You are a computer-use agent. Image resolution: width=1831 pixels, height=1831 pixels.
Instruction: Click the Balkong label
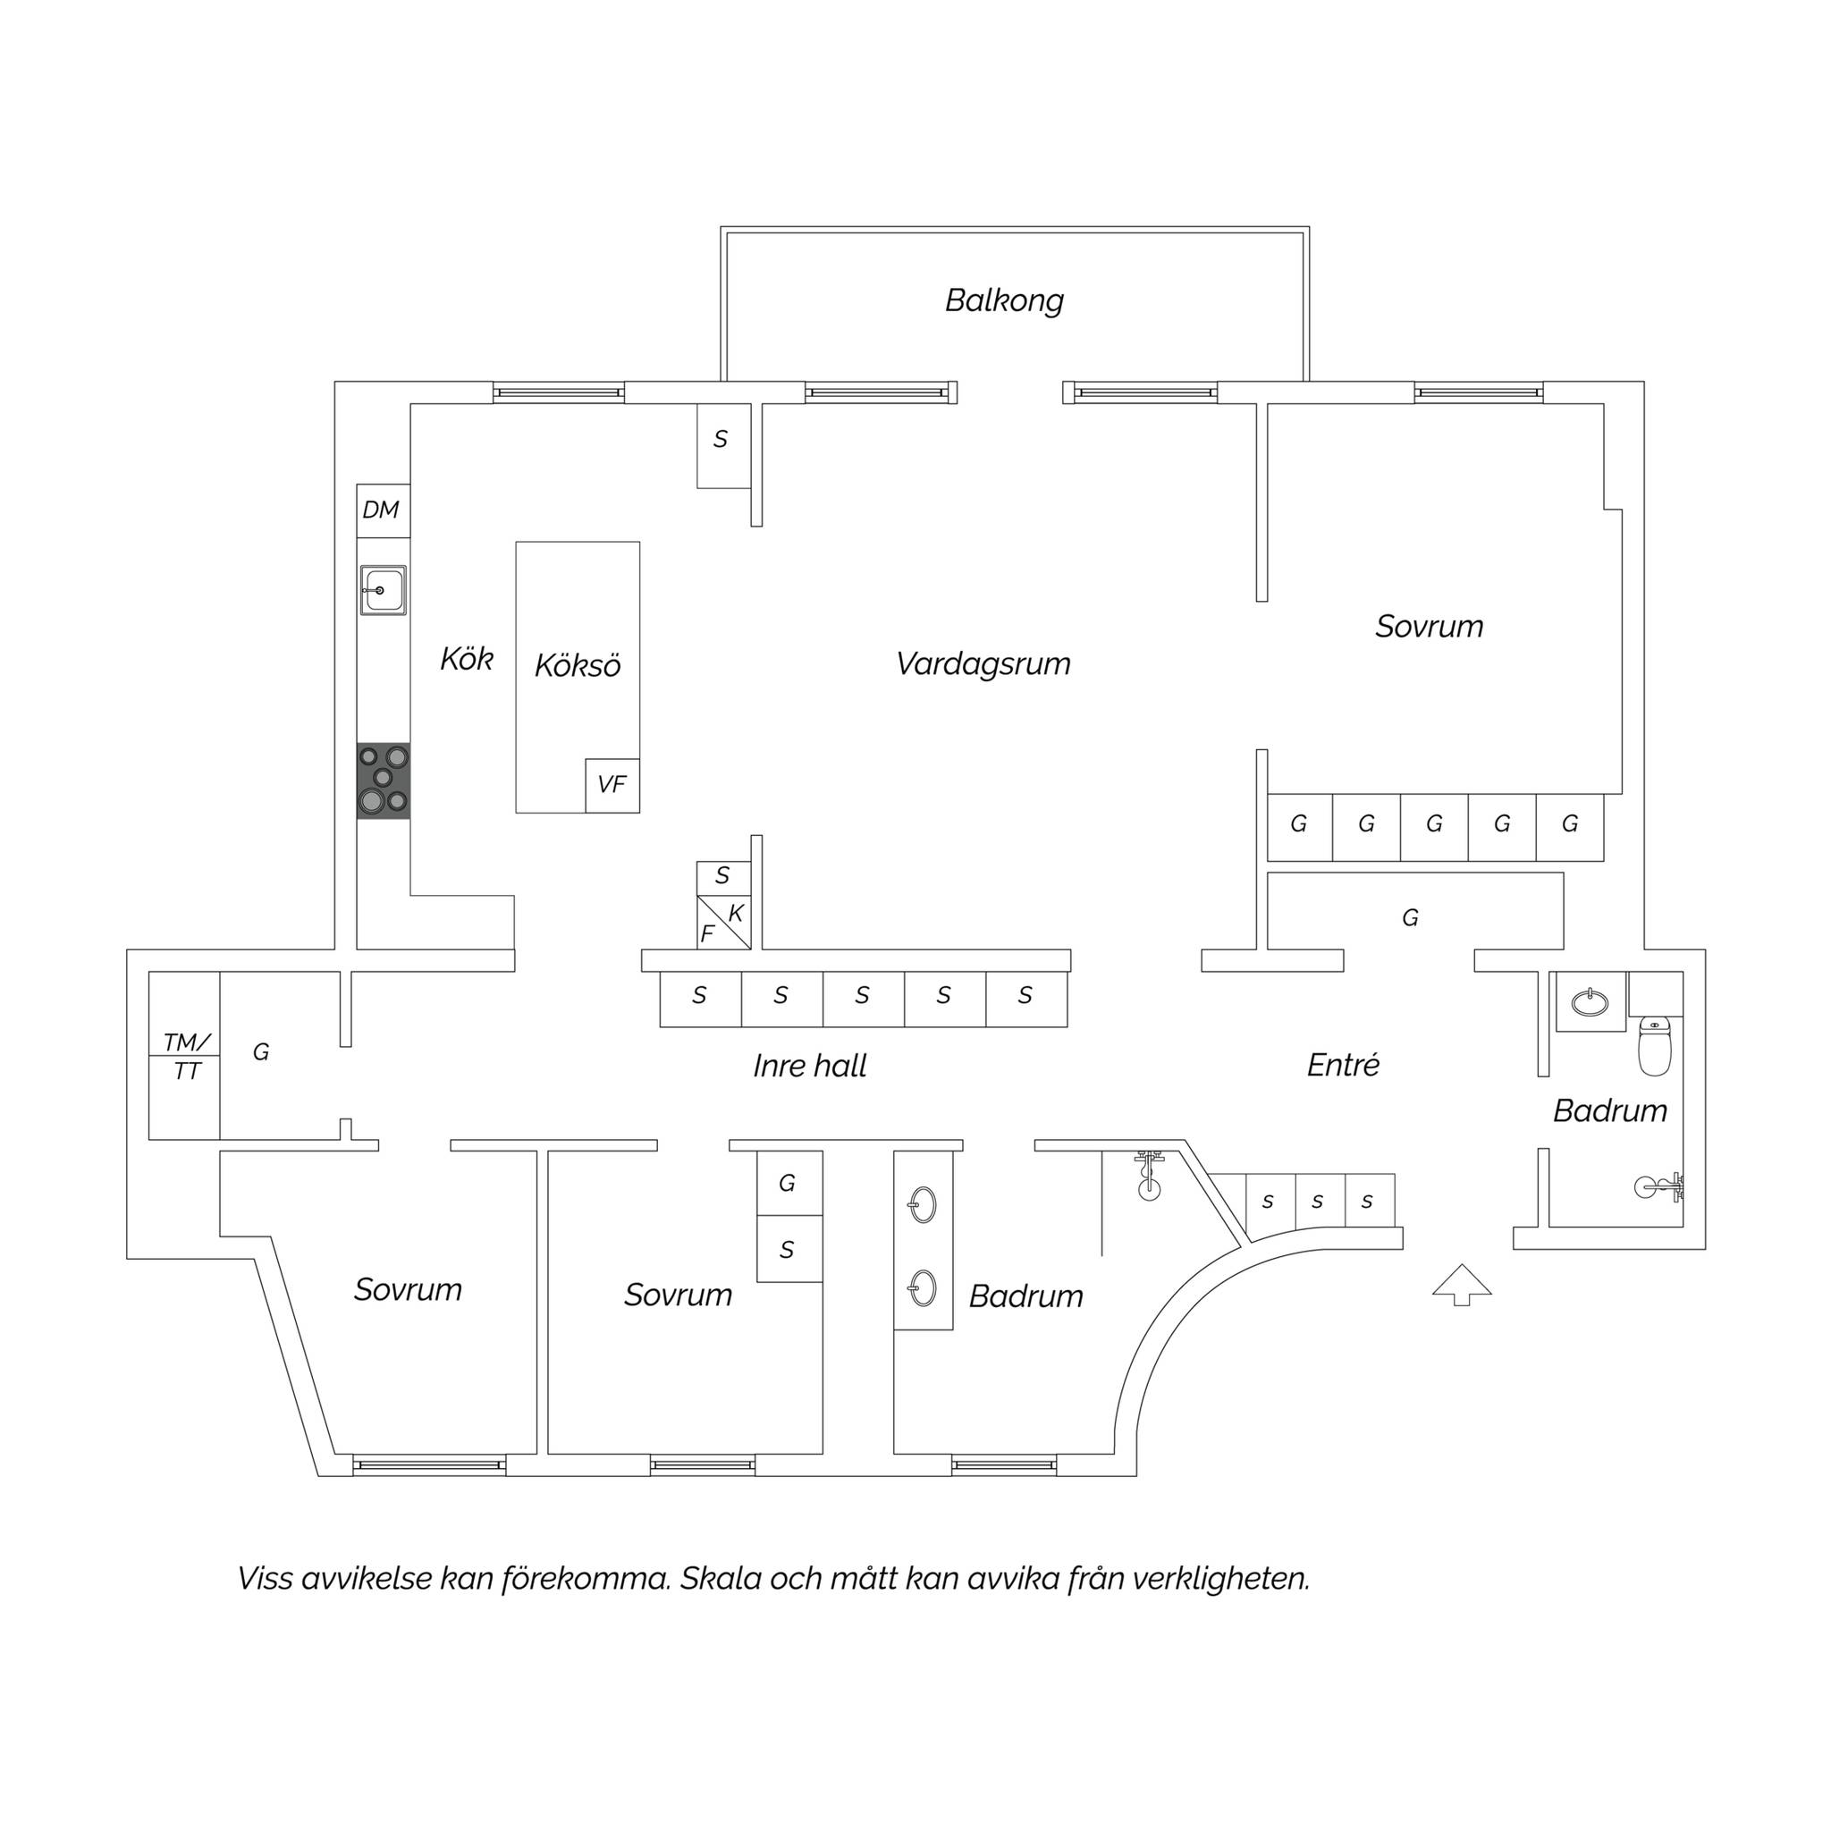[1004, 300]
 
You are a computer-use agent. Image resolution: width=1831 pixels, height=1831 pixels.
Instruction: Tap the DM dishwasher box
[383, 510]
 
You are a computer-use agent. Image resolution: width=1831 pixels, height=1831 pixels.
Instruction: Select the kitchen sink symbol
[383, 589]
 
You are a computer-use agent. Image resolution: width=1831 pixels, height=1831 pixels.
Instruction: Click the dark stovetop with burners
[383, 780]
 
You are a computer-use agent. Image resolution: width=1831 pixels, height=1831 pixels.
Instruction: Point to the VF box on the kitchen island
[612, 785]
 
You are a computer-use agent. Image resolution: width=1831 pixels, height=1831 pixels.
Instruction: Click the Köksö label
[578, 665]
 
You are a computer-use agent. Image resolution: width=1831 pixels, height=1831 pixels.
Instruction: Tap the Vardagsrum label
[983, 663]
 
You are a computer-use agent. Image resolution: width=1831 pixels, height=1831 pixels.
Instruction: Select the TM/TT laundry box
[185, 1056]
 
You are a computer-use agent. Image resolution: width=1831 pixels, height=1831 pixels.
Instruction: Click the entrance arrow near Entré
[1462, 1285]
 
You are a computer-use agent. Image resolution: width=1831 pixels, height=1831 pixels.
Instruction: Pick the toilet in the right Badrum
[1655, 1046]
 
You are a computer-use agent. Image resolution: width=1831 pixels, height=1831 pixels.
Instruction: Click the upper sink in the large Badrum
[922, 1205]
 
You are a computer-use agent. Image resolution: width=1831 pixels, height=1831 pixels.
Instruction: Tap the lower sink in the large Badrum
[922, 1287]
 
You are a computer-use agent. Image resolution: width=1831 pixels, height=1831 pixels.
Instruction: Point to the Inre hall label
[809, 1067]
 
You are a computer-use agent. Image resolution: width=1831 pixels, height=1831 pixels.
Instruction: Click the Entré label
[1343, 1064]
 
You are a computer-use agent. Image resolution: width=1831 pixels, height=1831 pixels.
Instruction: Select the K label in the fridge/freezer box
[737, 914]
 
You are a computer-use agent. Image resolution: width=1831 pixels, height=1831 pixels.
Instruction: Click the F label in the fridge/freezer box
[707, 934]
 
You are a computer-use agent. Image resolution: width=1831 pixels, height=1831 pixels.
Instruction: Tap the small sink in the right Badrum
[1590, 1001]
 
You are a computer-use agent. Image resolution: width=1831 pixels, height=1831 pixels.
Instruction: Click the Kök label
[467, 659]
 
